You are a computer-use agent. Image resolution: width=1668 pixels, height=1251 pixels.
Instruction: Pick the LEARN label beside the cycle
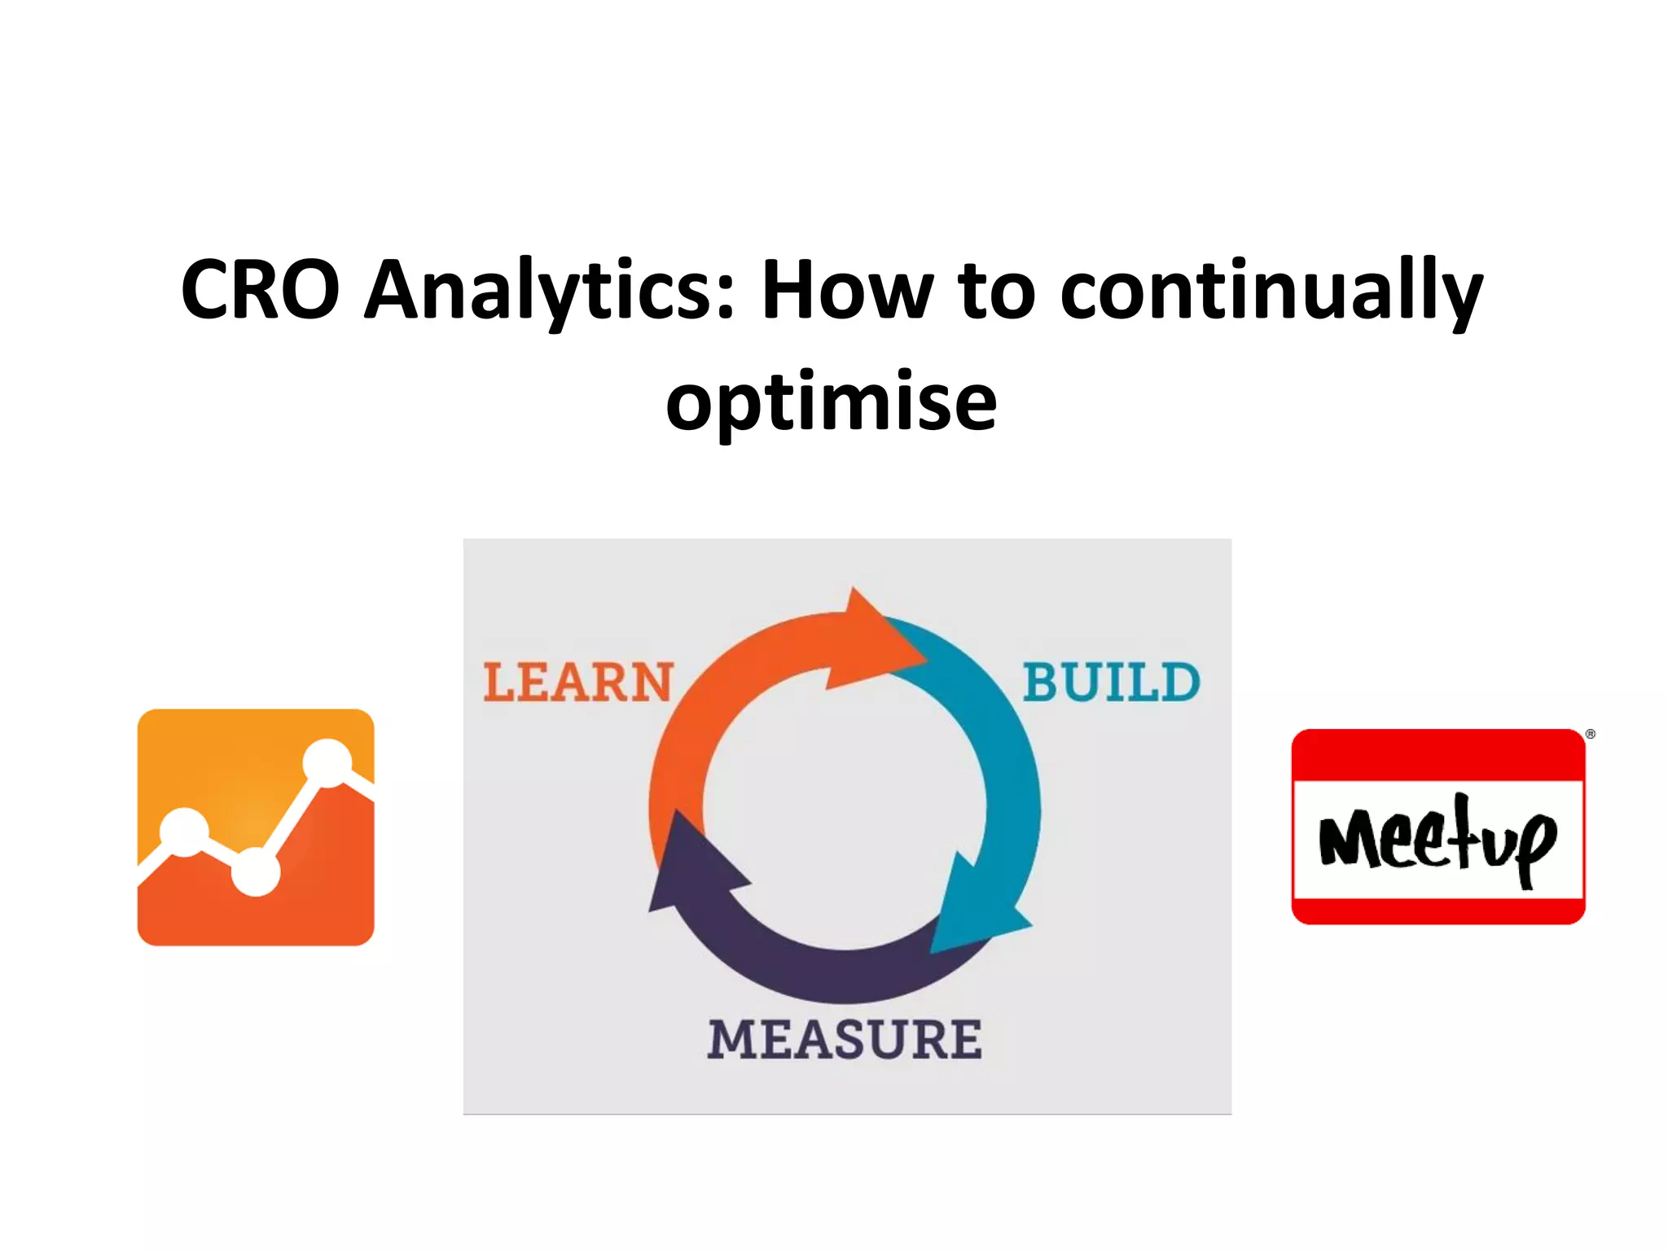coord(578,683)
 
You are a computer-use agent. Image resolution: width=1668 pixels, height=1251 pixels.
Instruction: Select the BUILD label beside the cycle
coord(1112,683)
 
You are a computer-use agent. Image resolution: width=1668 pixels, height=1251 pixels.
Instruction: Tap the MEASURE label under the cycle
coord(845,1040)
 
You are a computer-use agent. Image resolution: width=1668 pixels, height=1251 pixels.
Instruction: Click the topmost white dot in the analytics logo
coord(327,763)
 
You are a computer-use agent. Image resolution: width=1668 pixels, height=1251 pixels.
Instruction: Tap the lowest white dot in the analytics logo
coord(256,872)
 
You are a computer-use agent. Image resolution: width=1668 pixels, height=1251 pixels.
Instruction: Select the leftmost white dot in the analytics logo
coord(185,832)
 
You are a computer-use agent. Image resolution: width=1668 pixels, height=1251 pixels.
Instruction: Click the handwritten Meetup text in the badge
coord(1438,839)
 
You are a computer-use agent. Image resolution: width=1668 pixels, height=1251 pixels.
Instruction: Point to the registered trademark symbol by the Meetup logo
coord(1590,735)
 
